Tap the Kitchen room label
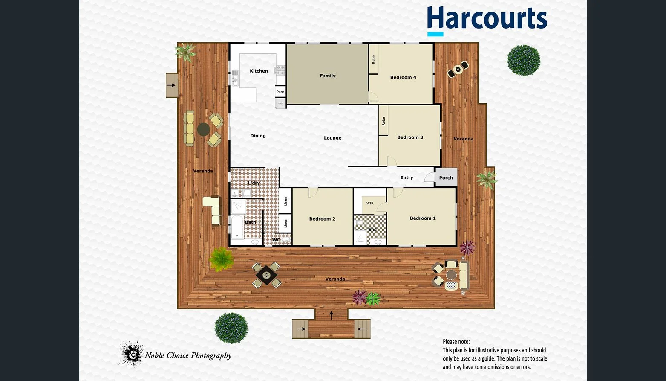point(259,71)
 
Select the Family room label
point(328,76)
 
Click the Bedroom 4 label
point(403,77)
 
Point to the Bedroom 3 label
point(410,137)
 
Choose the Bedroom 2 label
point(322,219)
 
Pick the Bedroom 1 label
point(423,218)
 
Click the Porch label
point(446,178)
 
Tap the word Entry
point(407,177)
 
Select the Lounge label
point(332,138)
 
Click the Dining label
point(258,136)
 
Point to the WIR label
point(370,203)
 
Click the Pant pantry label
point(280,92)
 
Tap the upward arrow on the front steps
point(332,315)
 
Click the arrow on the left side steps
point(171,85)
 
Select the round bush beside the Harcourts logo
point(523,61)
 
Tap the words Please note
point(456,342)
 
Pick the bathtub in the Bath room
point(237,227)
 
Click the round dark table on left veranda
point(203,129)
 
